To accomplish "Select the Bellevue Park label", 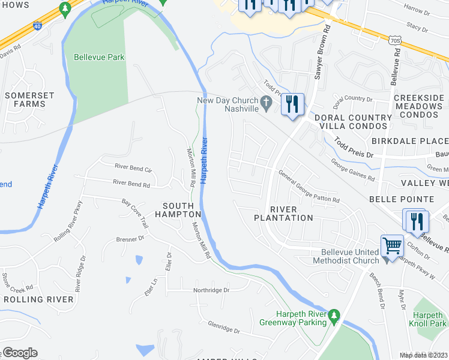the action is (x=99, y=58).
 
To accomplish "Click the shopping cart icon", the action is (x=392, y=245).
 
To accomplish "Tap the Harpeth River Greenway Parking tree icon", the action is (x=333, y=315).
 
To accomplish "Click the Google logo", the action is (x=20, y=352).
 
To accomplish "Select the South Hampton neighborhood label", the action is (x=178, y=209).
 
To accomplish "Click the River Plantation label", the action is (x=284, y=213).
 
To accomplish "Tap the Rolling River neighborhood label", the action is (x=38, y=299).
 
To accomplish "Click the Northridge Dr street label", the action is (x=211, y=290).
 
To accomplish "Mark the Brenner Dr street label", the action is (x=133, y=238).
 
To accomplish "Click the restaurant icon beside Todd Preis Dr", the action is (x=293, y=104).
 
